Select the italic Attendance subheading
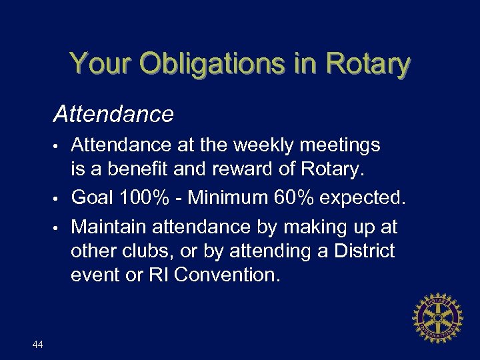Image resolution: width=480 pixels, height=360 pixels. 114,115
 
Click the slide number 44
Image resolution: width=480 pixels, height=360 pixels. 37,344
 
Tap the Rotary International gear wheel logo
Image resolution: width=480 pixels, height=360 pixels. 437,317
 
